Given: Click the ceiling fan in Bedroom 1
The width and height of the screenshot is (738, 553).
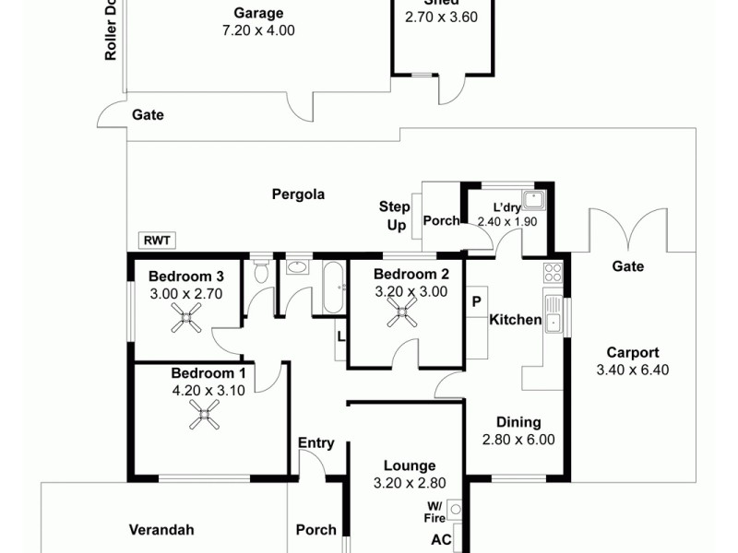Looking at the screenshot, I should pyautogui.click(x=205, y=418).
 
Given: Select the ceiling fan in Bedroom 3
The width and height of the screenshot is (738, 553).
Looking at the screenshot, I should pyautogui.click(x=187, y=319).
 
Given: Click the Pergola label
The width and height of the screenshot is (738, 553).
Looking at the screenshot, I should pyautogui.click(x=298, y=194).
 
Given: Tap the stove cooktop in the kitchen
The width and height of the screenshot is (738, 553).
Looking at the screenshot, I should pyautogui.click(x=553, y=272).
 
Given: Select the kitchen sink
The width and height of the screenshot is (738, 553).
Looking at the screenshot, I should pyautogui.click(x=553, y=313).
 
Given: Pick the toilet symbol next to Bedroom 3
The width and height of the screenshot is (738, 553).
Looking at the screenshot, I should pyautogui.click(x=261, y=270).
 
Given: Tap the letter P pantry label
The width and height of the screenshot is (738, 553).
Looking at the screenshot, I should pyautogui.click(x=477, y=300).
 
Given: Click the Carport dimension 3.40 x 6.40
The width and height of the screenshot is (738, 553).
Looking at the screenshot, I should pyautogui.click(x=632, y=370).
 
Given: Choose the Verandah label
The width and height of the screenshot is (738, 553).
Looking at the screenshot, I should pyautogui.click(x=161, y=530).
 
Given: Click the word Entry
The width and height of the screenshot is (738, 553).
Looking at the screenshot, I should pyautogui.click(x=315, y=443).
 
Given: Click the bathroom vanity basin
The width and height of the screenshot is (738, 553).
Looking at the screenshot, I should pyautogui.click(x=297, y=268).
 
